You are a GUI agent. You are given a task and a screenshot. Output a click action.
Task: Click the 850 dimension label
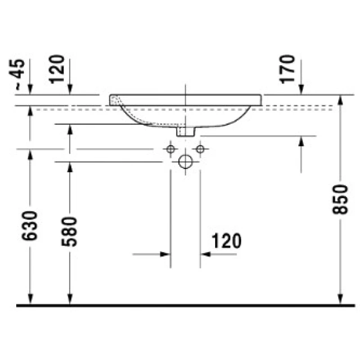pos(340,199)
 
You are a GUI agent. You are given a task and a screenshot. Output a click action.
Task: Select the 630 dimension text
pos(29,225)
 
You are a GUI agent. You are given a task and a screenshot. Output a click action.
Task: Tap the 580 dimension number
pos(69,231)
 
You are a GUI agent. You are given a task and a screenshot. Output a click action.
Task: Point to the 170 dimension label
pos(287,69)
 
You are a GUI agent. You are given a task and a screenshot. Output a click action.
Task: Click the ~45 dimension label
pos(17,74)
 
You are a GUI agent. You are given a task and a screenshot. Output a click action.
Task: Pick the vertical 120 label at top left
pos(57,69)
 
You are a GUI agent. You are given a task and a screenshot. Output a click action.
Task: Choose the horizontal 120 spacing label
pos(226,241)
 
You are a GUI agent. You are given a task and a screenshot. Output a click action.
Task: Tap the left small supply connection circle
pos(171,149)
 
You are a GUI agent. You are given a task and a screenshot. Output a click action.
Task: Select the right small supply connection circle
pos(200,149)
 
